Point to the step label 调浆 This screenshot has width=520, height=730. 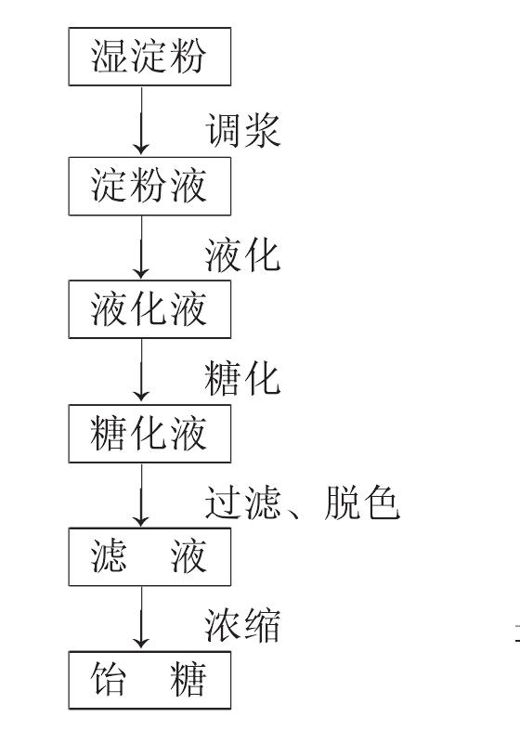242,130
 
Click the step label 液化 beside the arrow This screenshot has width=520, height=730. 242,255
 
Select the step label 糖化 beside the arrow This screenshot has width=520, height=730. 242,379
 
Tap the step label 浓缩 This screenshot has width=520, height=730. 242,625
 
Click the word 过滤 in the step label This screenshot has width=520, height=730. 242,502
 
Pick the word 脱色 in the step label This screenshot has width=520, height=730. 362,502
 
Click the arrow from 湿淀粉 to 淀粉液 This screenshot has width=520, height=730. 141,121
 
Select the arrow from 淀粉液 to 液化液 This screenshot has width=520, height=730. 141,247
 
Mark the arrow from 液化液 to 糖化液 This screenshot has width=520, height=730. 141,371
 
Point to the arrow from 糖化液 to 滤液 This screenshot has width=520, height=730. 141,494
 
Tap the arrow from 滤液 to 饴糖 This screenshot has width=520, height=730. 141,618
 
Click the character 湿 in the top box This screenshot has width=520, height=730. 109,57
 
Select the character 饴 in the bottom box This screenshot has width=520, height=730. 109,680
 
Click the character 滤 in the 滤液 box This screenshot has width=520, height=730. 109,557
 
